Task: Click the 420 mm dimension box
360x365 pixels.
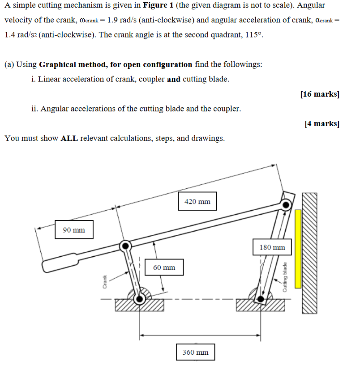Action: pyautogui.click(x=197, y=202)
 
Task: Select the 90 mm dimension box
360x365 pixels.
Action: pyautogui.click(x=74, y=230)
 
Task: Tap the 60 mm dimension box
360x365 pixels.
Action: pyautogui.click(x=164, y=267)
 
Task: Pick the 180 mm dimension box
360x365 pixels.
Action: pyautogui.click(x=272, y=247)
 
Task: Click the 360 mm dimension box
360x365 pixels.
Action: pyautogui.click(x=195, y=352)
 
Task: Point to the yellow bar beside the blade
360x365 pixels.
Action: pyautogui.click(x=298, y=249)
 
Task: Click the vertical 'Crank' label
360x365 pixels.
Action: pyautogui.click(x=105, y=281)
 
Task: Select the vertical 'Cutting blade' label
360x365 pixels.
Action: pyautogui.click(x=284, y=277)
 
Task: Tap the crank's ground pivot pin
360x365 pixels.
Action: pyautogui.click(x=140, y=299)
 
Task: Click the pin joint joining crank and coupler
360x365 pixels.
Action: pyautogui.click(x=126, y=245)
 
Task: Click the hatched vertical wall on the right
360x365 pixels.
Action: pyautogui.click(x=310, y=253)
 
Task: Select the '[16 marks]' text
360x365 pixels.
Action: pyautogui.click(x=320, y=94)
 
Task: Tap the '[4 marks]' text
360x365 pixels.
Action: pyautogui.click(x=321, y=123)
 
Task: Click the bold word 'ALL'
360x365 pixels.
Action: pyautogui.click(x=69, y=138)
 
